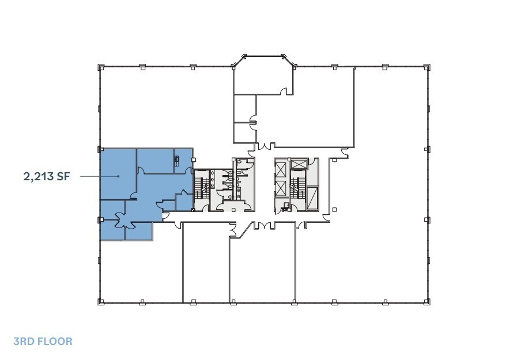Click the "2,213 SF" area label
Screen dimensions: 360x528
click(x=47, y=176)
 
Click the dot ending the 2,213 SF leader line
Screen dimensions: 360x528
click(x=119, y=176)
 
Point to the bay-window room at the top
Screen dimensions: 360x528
click(x=263, y=75)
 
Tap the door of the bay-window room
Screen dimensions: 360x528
click(x=282, y=90)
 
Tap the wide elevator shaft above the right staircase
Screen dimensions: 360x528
click(x=300, y=164)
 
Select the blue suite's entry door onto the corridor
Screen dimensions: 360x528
click(x=165, y=215)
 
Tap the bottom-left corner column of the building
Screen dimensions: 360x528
click(x=101, y=301)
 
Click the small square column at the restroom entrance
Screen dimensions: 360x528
click(x=233, y=210)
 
